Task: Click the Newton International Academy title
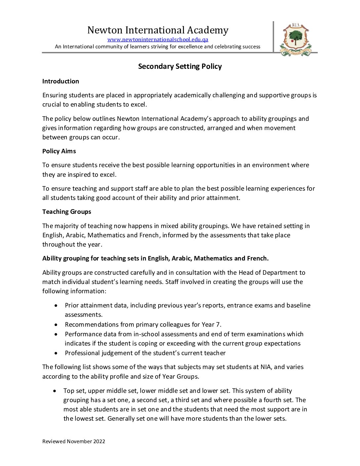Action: click(158, 30)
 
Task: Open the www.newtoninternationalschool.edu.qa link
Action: click(158, 40)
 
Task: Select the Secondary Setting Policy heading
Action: click(180, 67)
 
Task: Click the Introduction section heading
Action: click(61, 81)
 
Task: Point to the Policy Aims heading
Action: click(59, 151)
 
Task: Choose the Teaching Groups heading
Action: click(67, 212)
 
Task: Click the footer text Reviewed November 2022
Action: click(74, 442)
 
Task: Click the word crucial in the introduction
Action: click(52, 105)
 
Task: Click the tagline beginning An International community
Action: click(157, 47)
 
